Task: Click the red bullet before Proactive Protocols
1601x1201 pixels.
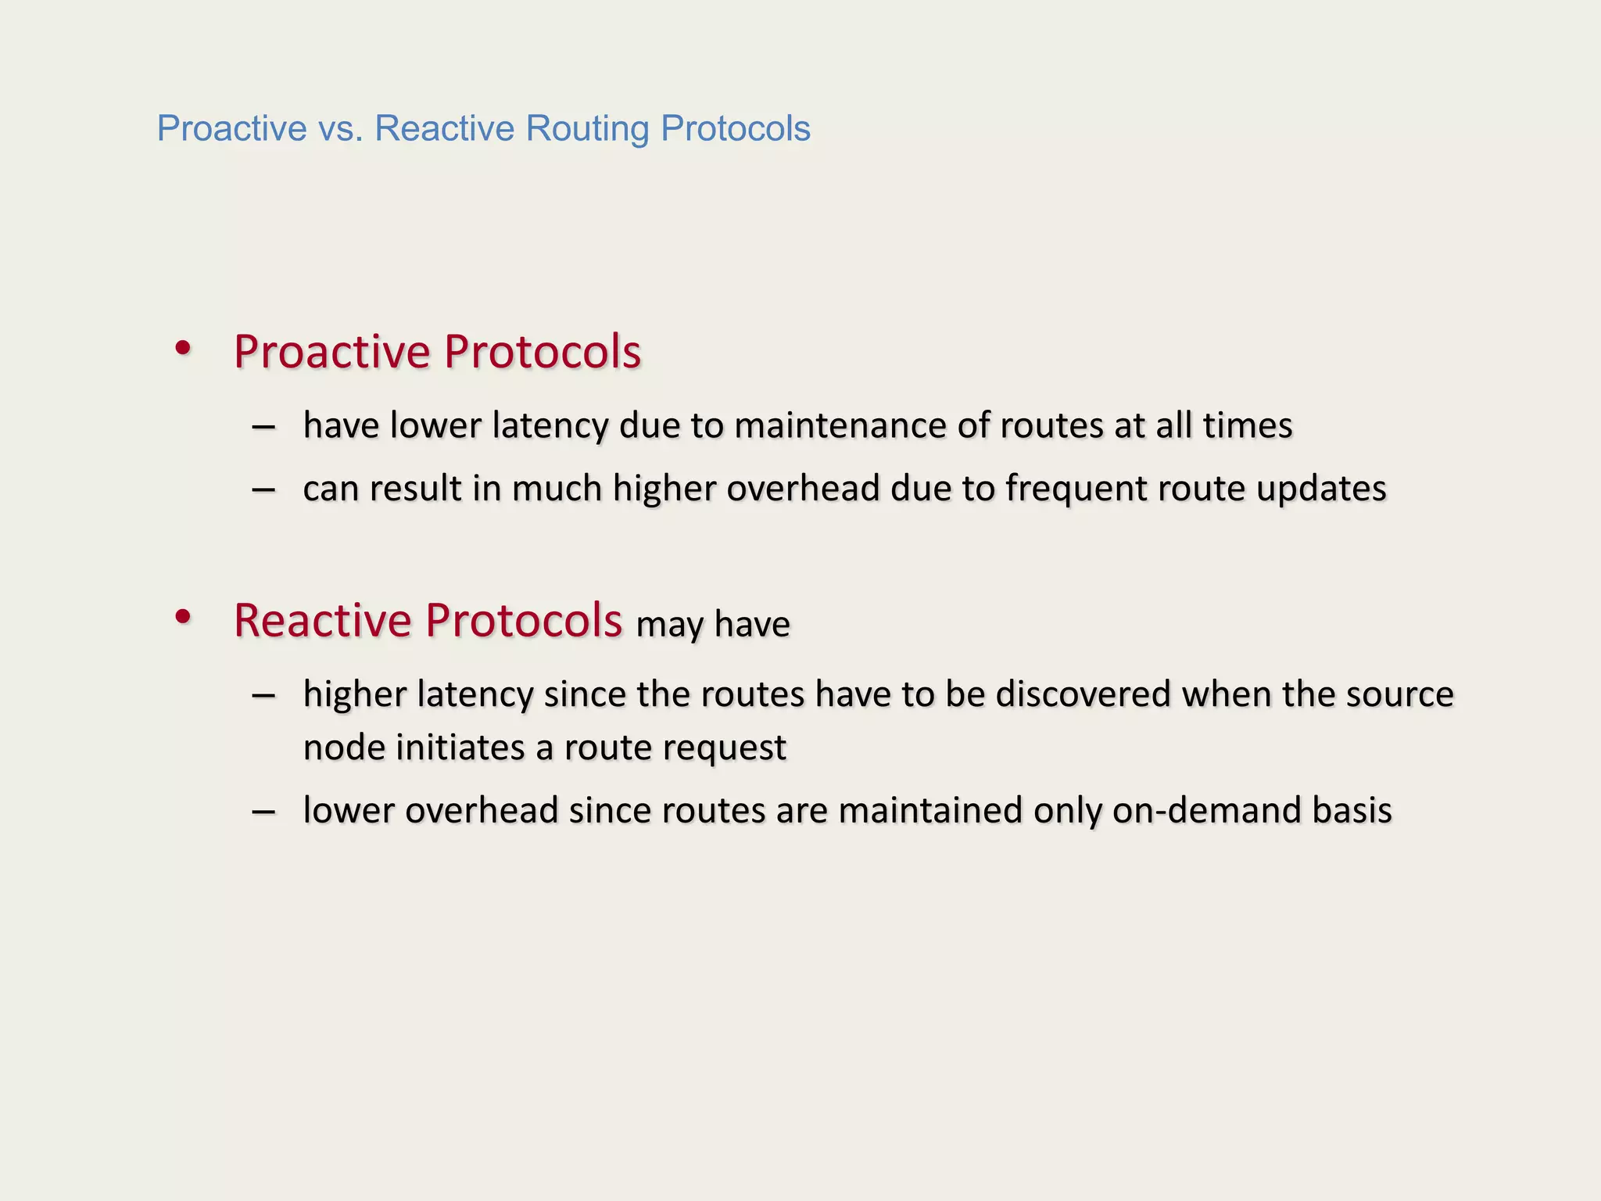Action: [x=183, y=349]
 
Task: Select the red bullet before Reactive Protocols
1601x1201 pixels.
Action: [x=183, y=618]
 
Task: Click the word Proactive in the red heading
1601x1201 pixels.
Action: [x=332, y=352]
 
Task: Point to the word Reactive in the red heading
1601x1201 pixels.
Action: [x=322, y=621]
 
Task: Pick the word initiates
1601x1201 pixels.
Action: [x=460, y=747]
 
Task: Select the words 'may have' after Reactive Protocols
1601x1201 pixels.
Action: [x=713, y=625]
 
